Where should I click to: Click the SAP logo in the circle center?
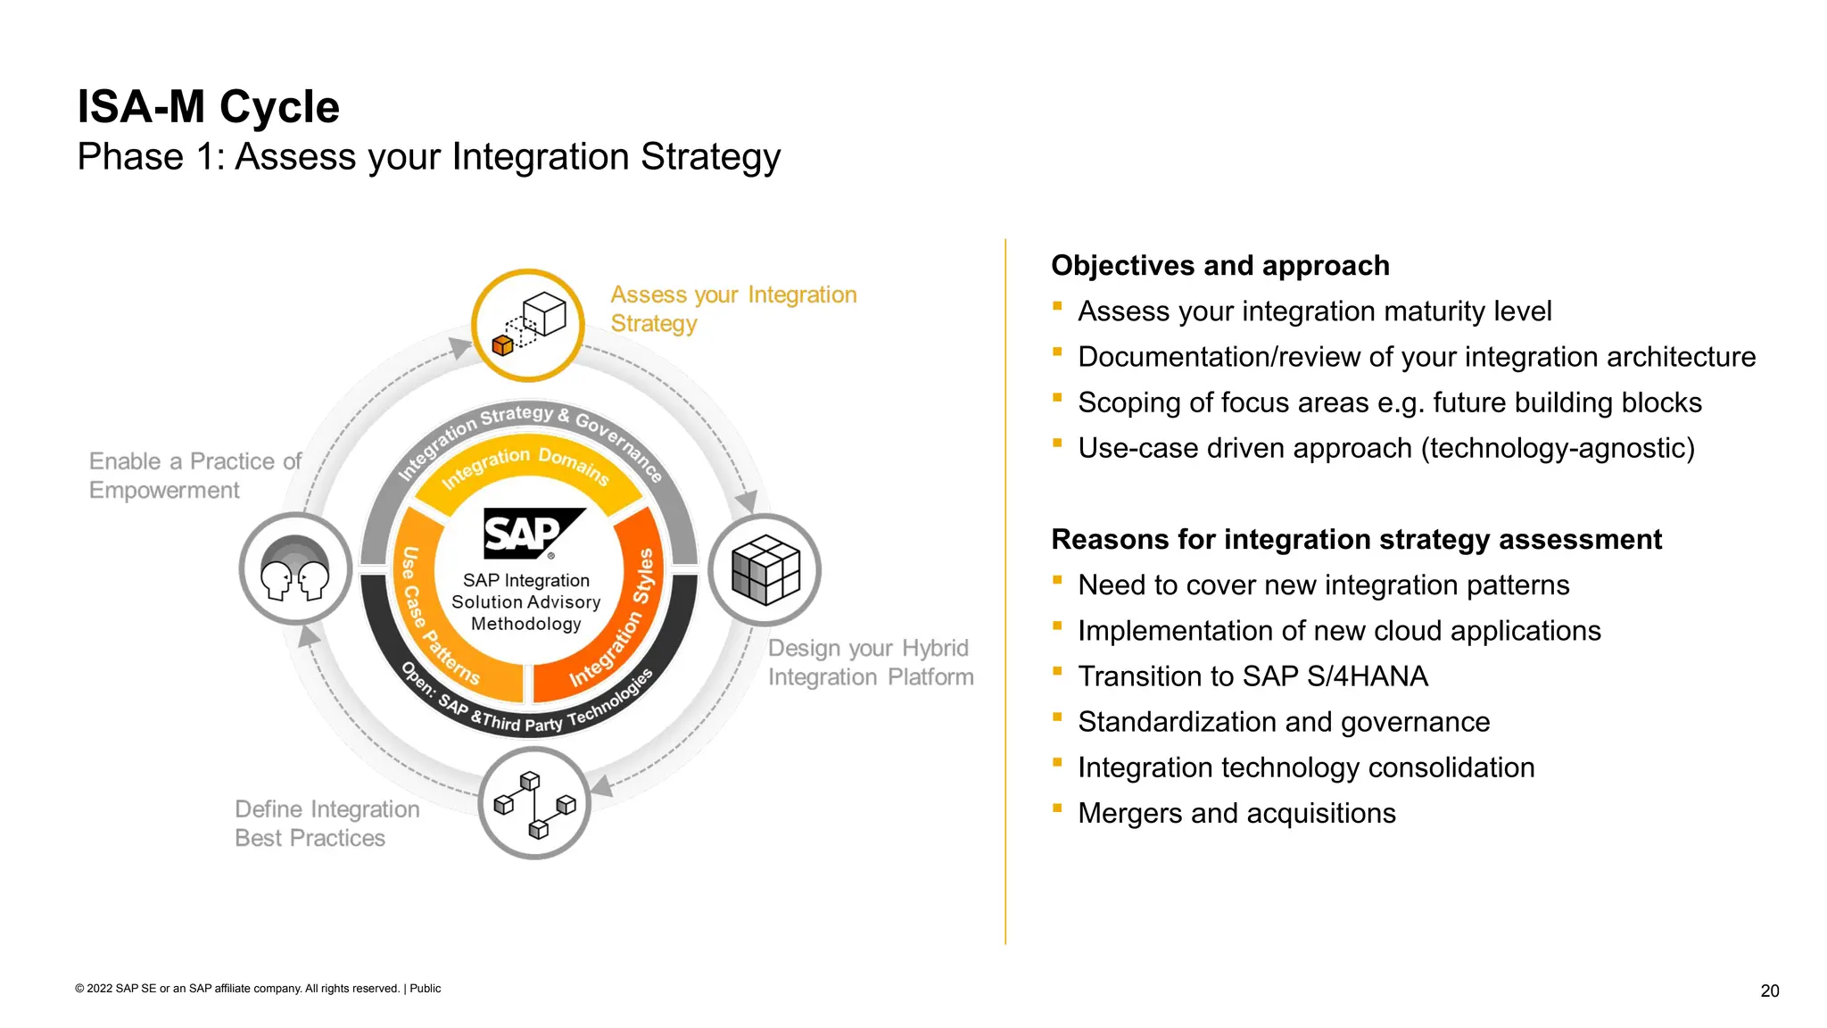[532, 533]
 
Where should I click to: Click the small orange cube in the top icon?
[502, 345]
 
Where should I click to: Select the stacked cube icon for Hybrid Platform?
[765, 569]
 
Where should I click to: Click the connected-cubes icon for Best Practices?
[534, 804]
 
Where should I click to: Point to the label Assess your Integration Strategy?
[732, 309]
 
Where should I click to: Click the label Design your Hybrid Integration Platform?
[870, 662]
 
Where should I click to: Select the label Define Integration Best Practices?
[327, 823]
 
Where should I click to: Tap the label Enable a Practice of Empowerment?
[194, 476]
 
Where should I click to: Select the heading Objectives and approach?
[1219, 266]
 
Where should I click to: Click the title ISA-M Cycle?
[208, 107]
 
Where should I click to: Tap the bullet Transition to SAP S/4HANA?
[1252, 676]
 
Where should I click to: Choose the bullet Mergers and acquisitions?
[1236, 813]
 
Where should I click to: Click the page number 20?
[1769, 991]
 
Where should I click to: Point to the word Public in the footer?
[426, 989]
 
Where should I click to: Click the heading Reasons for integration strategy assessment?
[1356, 540]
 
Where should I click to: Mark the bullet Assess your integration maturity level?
[1314, 311]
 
